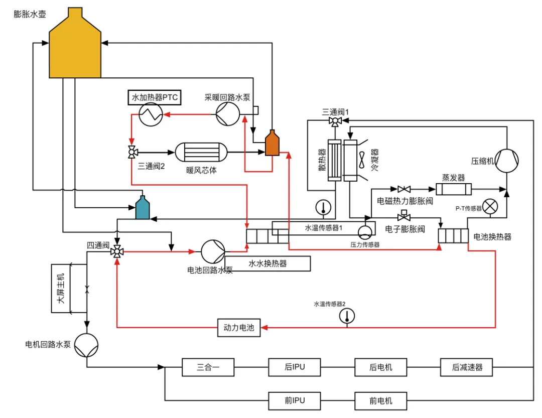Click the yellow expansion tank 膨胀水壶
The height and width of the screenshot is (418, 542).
click(x=75, y=45)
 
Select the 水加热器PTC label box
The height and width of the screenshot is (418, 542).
click(x=155, y=97)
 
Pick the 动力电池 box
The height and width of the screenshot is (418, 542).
click(x=239, y=327)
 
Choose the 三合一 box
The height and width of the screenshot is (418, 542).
click(x=208, y=367)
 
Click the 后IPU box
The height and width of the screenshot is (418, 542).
click(x=295, y=367)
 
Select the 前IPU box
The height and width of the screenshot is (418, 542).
click(x=295, y=401)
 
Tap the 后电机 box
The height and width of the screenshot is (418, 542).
click(x=380, y=367)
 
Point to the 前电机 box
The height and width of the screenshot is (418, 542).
click(x=380, y=401)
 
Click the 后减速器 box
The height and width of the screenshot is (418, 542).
click(x=466, y=367)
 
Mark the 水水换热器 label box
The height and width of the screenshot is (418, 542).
click(x=267, y=263)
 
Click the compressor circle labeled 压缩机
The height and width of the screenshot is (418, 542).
click(x=507, y=161)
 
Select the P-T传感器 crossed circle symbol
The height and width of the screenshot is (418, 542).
click(x=490, y=207)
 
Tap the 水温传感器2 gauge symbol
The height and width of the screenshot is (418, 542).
click(x=347, y=316)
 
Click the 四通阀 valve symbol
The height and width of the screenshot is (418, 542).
click(x=117, y=252)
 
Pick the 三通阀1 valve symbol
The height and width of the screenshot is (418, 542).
click(x=335, y=121)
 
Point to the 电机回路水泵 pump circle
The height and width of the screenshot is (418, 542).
click(x=86, y=345)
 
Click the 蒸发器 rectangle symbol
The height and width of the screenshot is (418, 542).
click(x=454, y=189)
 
